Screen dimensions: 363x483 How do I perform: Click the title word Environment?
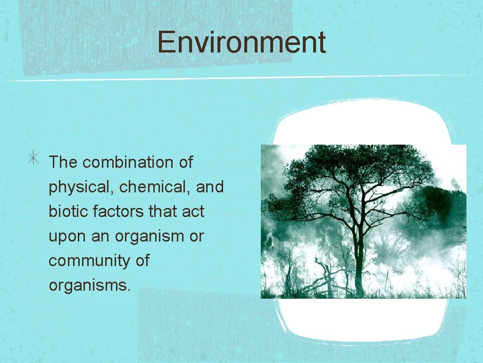(241, 42)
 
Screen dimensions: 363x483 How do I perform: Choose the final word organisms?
(89, 285)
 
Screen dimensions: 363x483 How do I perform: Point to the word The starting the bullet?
(63, 163)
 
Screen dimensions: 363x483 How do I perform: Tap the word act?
(193, 211)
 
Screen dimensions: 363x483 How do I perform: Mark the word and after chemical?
(209, 187)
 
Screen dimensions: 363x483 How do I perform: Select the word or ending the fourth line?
(196, 237)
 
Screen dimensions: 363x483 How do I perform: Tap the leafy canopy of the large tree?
(349, 175)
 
